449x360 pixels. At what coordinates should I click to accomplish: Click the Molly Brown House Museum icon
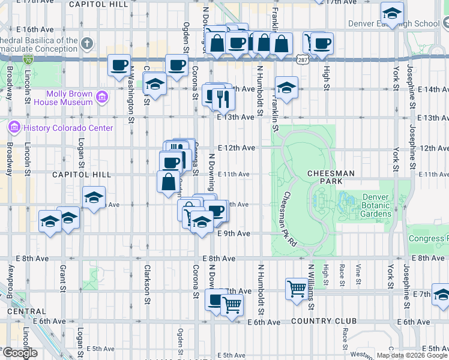tap(102, 97)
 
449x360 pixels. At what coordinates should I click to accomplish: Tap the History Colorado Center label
tap(67, 128)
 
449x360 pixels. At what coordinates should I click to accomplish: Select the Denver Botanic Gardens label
tap(376, 205)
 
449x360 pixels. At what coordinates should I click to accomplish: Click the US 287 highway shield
tap(302, 59)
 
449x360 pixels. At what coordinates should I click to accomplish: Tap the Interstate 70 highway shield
tap(28, 59)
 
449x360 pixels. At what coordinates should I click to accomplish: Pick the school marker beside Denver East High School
tap(393, 13)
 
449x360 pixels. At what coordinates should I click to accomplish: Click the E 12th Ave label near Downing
tap(237, 148)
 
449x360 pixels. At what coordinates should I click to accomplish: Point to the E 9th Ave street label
tap(233, 233)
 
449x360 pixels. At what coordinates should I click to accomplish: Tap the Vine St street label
tap(358, 275)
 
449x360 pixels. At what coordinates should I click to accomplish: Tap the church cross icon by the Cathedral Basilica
tap(87, 44)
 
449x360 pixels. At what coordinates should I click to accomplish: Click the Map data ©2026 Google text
tap(411, 355)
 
